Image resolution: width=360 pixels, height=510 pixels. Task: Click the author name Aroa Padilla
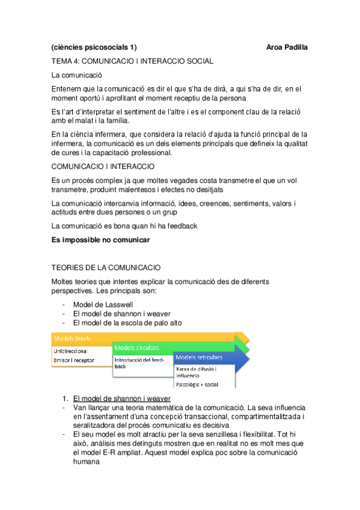287,47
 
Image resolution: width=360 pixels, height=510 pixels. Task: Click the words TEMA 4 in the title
65,61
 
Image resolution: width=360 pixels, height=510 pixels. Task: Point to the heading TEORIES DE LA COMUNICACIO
106,266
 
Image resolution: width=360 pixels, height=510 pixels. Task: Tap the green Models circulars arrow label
136,348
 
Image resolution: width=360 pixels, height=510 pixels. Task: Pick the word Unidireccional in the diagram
71,351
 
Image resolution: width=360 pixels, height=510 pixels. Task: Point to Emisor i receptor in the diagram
74,360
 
